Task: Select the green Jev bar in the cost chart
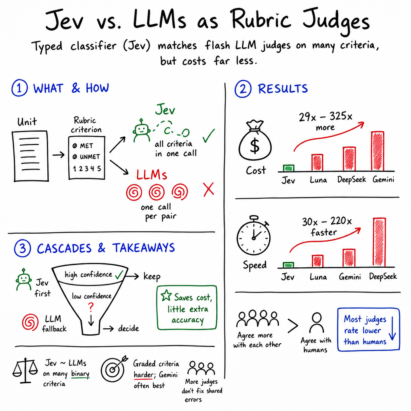click(289, 168)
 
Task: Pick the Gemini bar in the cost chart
click(378, 151)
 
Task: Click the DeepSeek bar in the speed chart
click(379, 242)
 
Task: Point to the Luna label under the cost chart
click(318, 180)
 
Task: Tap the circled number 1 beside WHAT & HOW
click(19, 88)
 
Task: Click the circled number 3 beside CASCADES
click(22, 248)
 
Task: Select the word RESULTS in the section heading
click(283, 89)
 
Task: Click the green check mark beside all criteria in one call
click(208, 136)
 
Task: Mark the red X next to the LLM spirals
click(209, 189)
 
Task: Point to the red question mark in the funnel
click(91, 307)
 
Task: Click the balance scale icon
click(25, 370)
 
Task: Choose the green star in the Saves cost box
click(166, 295)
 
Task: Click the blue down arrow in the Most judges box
click(393, 328)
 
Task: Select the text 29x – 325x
click(326, 116)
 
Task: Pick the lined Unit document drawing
click(31, 156)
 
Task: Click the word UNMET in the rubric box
click(90, 157)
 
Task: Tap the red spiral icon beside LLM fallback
click(30, 322)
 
